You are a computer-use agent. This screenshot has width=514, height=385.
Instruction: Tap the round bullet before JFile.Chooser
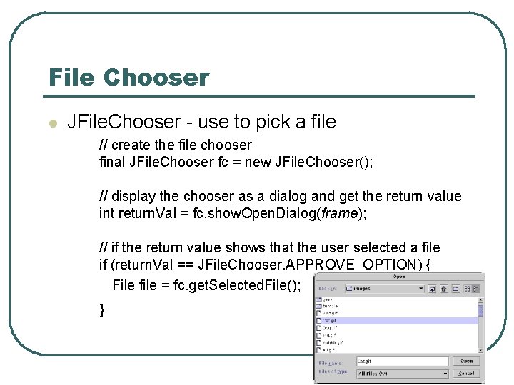click(x=51, y=123)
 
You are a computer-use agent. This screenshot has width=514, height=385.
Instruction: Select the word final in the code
click(x=112, y=162)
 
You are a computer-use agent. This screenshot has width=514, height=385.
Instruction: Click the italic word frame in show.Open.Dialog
click(x=337, y=213)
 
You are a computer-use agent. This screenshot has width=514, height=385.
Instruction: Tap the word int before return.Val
click(x=106, y=213)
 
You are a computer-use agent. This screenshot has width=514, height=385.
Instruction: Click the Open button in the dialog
click(x=466, y=361)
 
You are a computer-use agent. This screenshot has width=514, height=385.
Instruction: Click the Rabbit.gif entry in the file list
click(x=333, y=342)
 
